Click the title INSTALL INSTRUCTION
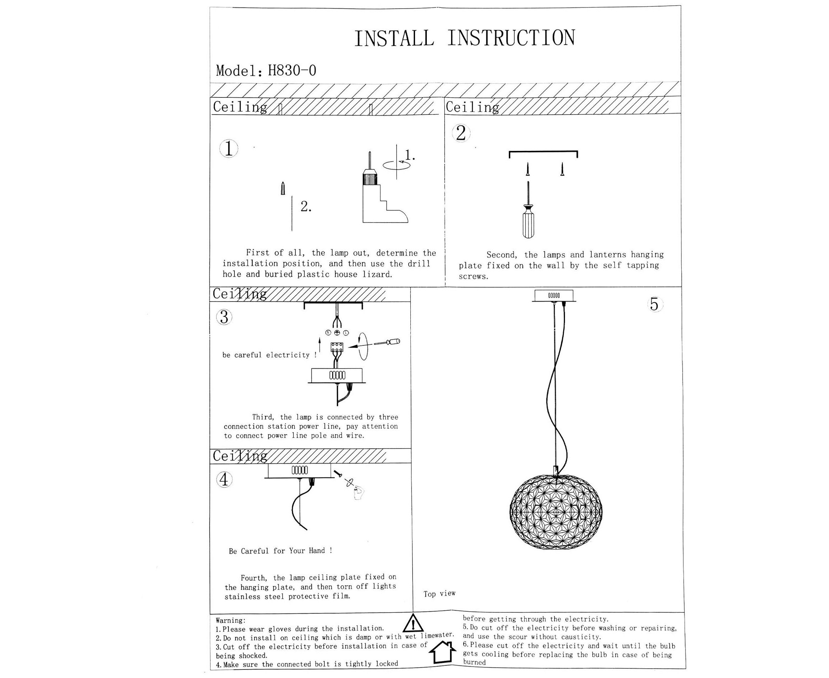[x=464, y=38]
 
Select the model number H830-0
[x=292, y=71]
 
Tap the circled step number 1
[x=229, y=149]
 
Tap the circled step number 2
[x=461, y=133]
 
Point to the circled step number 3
[x=224, y=317]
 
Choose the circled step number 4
[x=224, y=480]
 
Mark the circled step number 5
[x=654, y=304]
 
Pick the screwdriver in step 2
[x=528, y=213]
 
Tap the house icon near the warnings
[x=443, y=655]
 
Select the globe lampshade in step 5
[x=556, y=512]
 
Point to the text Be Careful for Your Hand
[x=280, y=551]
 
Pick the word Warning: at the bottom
[x=231, y=621]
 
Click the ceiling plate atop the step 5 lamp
[x=554, y=296]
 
